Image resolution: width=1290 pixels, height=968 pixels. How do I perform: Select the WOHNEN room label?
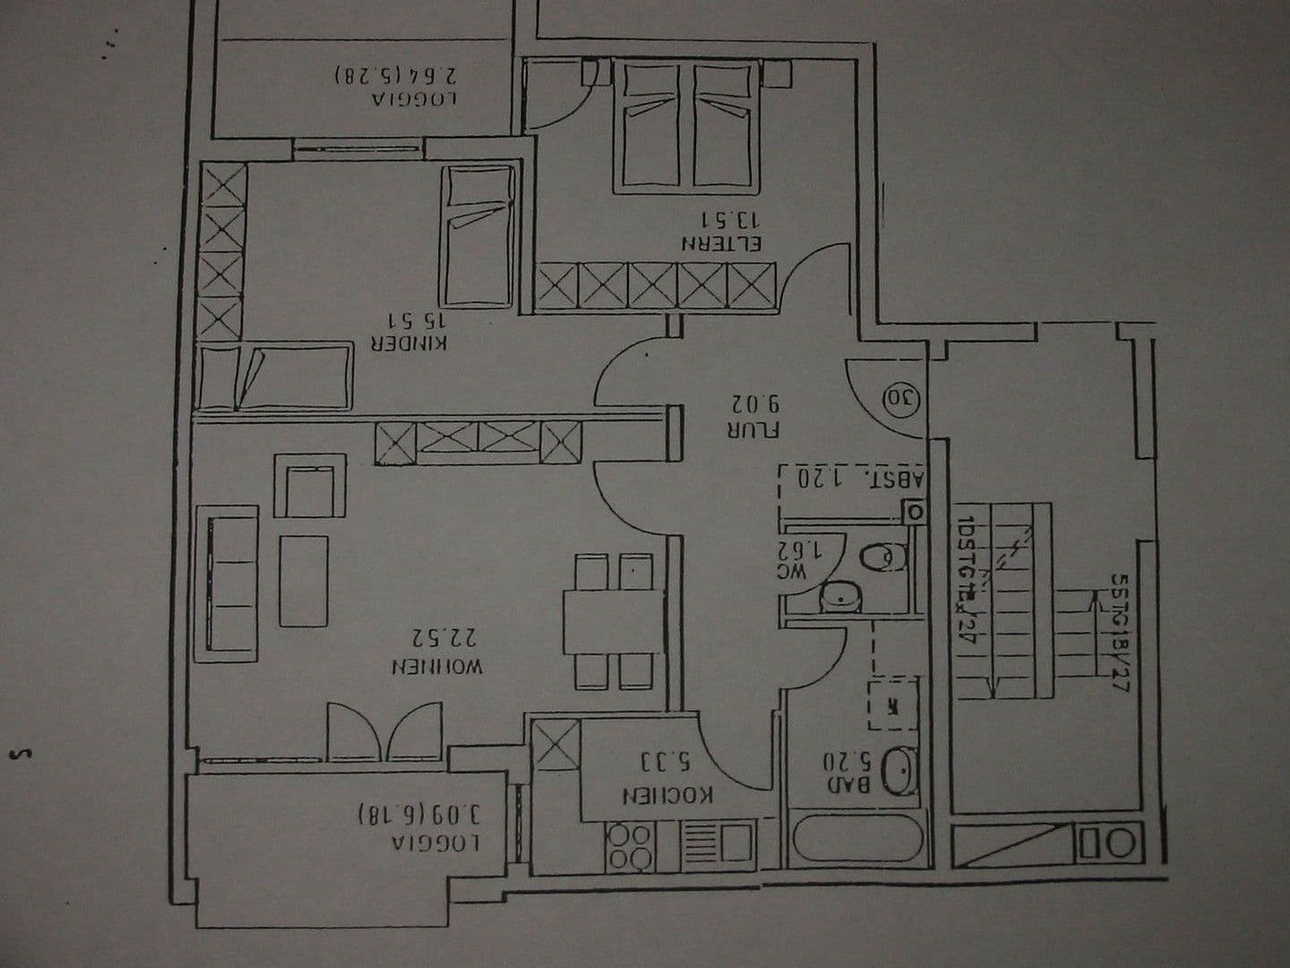click(437, 668)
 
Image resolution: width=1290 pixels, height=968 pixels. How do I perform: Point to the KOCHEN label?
click(668, 795)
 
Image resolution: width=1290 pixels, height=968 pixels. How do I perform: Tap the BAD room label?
click(848, 785)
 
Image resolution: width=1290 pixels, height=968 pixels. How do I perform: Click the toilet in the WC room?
click(883, 557)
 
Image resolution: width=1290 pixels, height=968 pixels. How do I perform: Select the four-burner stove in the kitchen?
click(631, 845)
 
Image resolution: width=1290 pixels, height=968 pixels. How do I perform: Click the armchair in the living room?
click(310, 487)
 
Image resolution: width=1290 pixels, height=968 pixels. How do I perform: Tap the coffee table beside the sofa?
click(304, 580)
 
